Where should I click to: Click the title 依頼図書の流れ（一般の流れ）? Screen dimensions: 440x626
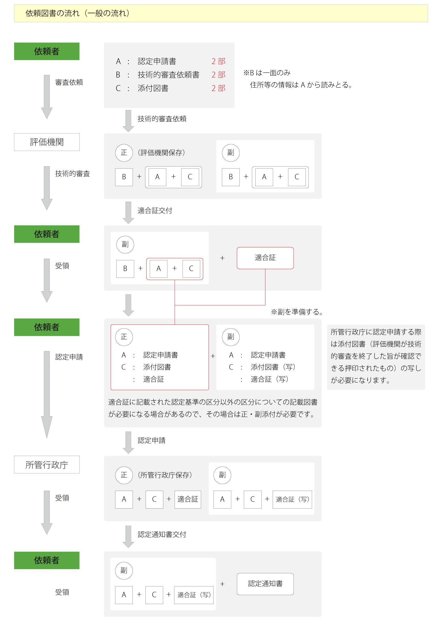(77, 13)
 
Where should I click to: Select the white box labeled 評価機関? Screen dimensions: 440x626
(47, 142)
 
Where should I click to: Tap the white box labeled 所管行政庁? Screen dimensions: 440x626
(47, 465)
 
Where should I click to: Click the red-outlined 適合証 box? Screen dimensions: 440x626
(265, 258)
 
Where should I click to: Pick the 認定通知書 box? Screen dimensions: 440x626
(265, 584)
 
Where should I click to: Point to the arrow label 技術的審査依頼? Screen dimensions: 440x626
(162, 119)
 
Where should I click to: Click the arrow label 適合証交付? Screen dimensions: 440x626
(155, 211)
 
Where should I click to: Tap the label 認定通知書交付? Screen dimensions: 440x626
(162, 535)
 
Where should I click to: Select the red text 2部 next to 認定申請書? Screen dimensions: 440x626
(218, 61)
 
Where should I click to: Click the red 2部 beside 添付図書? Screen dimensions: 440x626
(218, 88)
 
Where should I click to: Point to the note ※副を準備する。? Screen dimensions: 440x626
(297, 312)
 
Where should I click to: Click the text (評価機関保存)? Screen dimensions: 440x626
(161, 153)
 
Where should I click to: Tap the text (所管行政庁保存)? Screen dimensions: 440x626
(165, 475)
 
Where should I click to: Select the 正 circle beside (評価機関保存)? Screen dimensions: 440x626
(124, 153)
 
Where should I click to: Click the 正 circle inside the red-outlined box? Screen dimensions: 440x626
(124, 337)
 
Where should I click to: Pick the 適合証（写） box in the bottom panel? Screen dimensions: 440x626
(194, 595)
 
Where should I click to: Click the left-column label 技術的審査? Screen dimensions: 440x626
(72, 173)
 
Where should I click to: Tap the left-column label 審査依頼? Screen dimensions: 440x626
(69, 82)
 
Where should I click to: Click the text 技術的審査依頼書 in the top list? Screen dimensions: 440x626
(168, 75)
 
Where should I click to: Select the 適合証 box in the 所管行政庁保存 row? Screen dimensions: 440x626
(188, 499)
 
